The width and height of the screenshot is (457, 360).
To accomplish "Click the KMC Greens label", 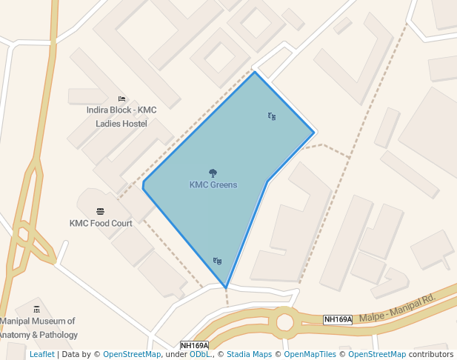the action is pos(213,184).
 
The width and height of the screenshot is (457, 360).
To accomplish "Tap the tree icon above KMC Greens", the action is pos(213,173).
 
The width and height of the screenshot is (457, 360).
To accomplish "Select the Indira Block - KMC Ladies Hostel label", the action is pos(121,116).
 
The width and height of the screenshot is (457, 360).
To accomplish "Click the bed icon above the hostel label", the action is pos(121,99).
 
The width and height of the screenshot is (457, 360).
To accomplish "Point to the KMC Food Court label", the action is pos(101,223).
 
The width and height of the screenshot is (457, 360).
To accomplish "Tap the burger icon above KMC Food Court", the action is pos(101,211).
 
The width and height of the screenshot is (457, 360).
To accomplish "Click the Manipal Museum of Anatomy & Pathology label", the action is pos(38,328).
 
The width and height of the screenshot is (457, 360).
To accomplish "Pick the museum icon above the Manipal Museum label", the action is pos(37,310).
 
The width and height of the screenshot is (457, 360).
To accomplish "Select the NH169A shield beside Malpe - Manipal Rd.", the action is pos(338,319).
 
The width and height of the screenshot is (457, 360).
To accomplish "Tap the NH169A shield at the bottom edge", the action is pos(195,345).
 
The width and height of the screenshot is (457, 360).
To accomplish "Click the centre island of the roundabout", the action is pos(284,321).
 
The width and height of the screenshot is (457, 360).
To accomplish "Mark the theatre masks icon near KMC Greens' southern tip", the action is pos(217,261).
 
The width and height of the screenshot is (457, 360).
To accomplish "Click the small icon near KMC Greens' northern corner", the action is pos(272,116).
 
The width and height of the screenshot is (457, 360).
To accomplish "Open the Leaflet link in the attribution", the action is pos(42,355).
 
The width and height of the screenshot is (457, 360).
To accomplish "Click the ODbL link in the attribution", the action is pos(200,355).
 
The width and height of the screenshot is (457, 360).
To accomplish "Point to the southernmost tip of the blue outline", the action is pos(225,287).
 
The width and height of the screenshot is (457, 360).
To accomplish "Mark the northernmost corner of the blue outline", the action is pos(255,72).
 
